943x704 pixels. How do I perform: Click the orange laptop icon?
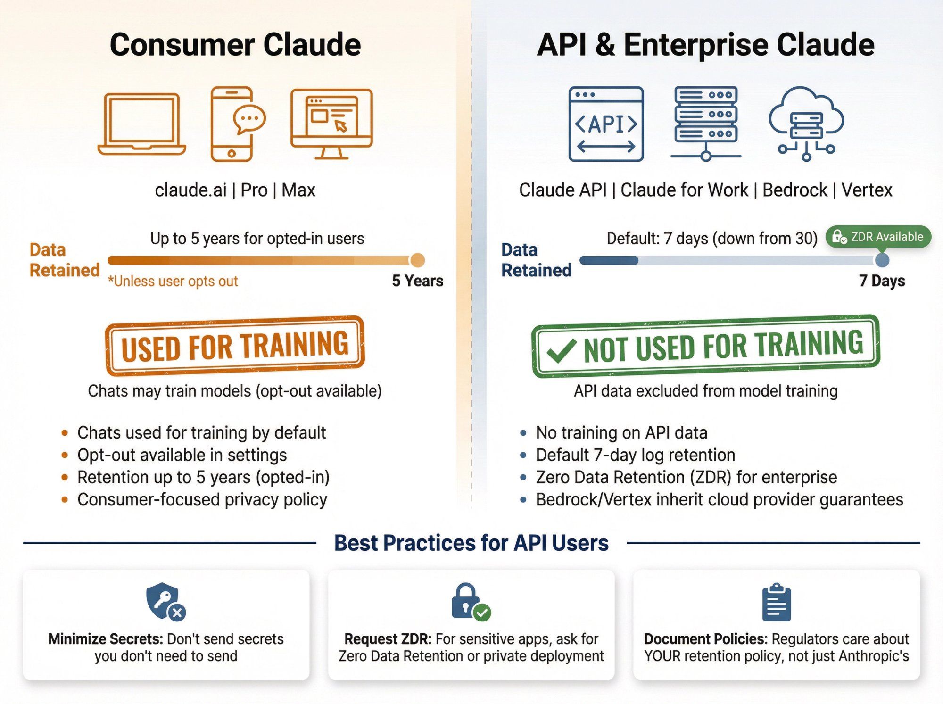point(141,124)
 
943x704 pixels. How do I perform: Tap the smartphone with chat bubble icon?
point(234,124)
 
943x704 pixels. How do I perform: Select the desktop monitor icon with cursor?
point(331,124)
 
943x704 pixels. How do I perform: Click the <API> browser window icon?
point(606,124)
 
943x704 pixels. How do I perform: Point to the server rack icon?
point(706,124)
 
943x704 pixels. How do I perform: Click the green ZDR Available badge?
point(878,237)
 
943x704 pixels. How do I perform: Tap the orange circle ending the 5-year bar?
point(417,260)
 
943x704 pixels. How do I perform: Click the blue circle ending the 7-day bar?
point(882,260)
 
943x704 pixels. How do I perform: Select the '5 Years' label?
point(417,281)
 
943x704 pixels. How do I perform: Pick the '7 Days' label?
point(882,281)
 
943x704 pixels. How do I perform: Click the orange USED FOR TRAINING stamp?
point(235,346)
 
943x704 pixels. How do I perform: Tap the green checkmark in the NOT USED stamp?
point(561,351)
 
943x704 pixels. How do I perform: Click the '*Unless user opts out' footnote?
point(173,282)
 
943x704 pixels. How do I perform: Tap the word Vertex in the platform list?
point(867,190)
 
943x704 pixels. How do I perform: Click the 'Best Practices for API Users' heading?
point(471,543)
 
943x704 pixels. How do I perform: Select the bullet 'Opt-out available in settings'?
point(182,455)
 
